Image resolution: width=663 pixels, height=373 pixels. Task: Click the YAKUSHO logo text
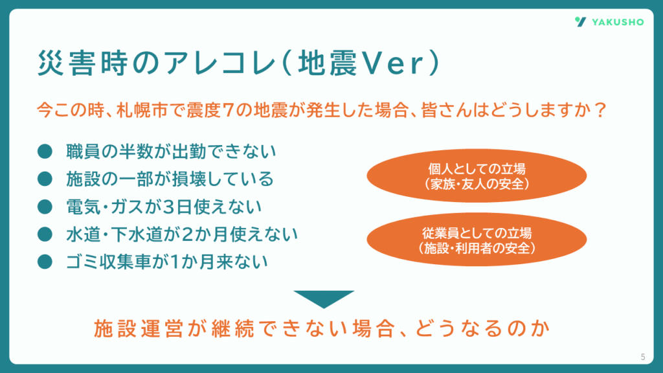pos(618,22)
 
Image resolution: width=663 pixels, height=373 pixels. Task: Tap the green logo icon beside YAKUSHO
pos(581,21)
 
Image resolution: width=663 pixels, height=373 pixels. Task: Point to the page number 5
pos(643,357)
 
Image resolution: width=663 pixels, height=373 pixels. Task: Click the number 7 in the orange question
pos(228,110)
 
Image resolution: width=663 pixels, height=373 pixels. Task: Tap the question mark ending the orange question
pos(600,110)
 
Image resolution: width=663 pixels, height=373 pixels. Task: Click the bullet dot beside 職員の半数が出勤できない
pos(45,152)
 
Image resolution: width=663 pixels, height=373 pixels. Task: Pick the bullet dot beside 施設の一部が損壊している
pos(45,179)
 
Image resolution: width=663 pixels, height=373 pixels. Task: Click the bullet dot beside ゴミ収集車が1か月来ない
pos(45,262)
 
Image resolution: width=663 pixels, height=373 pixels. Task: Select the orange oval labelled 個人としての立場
pos(477,175)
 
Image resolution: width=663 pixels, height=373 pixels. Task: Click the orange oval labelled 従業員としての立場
pos(477,240)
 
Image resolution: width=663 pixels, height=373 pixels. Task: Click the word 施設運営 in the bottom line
pos(138,328)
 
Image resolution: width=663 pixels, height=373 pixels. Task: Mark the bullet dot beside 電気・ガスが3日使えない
pos(45,207)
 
